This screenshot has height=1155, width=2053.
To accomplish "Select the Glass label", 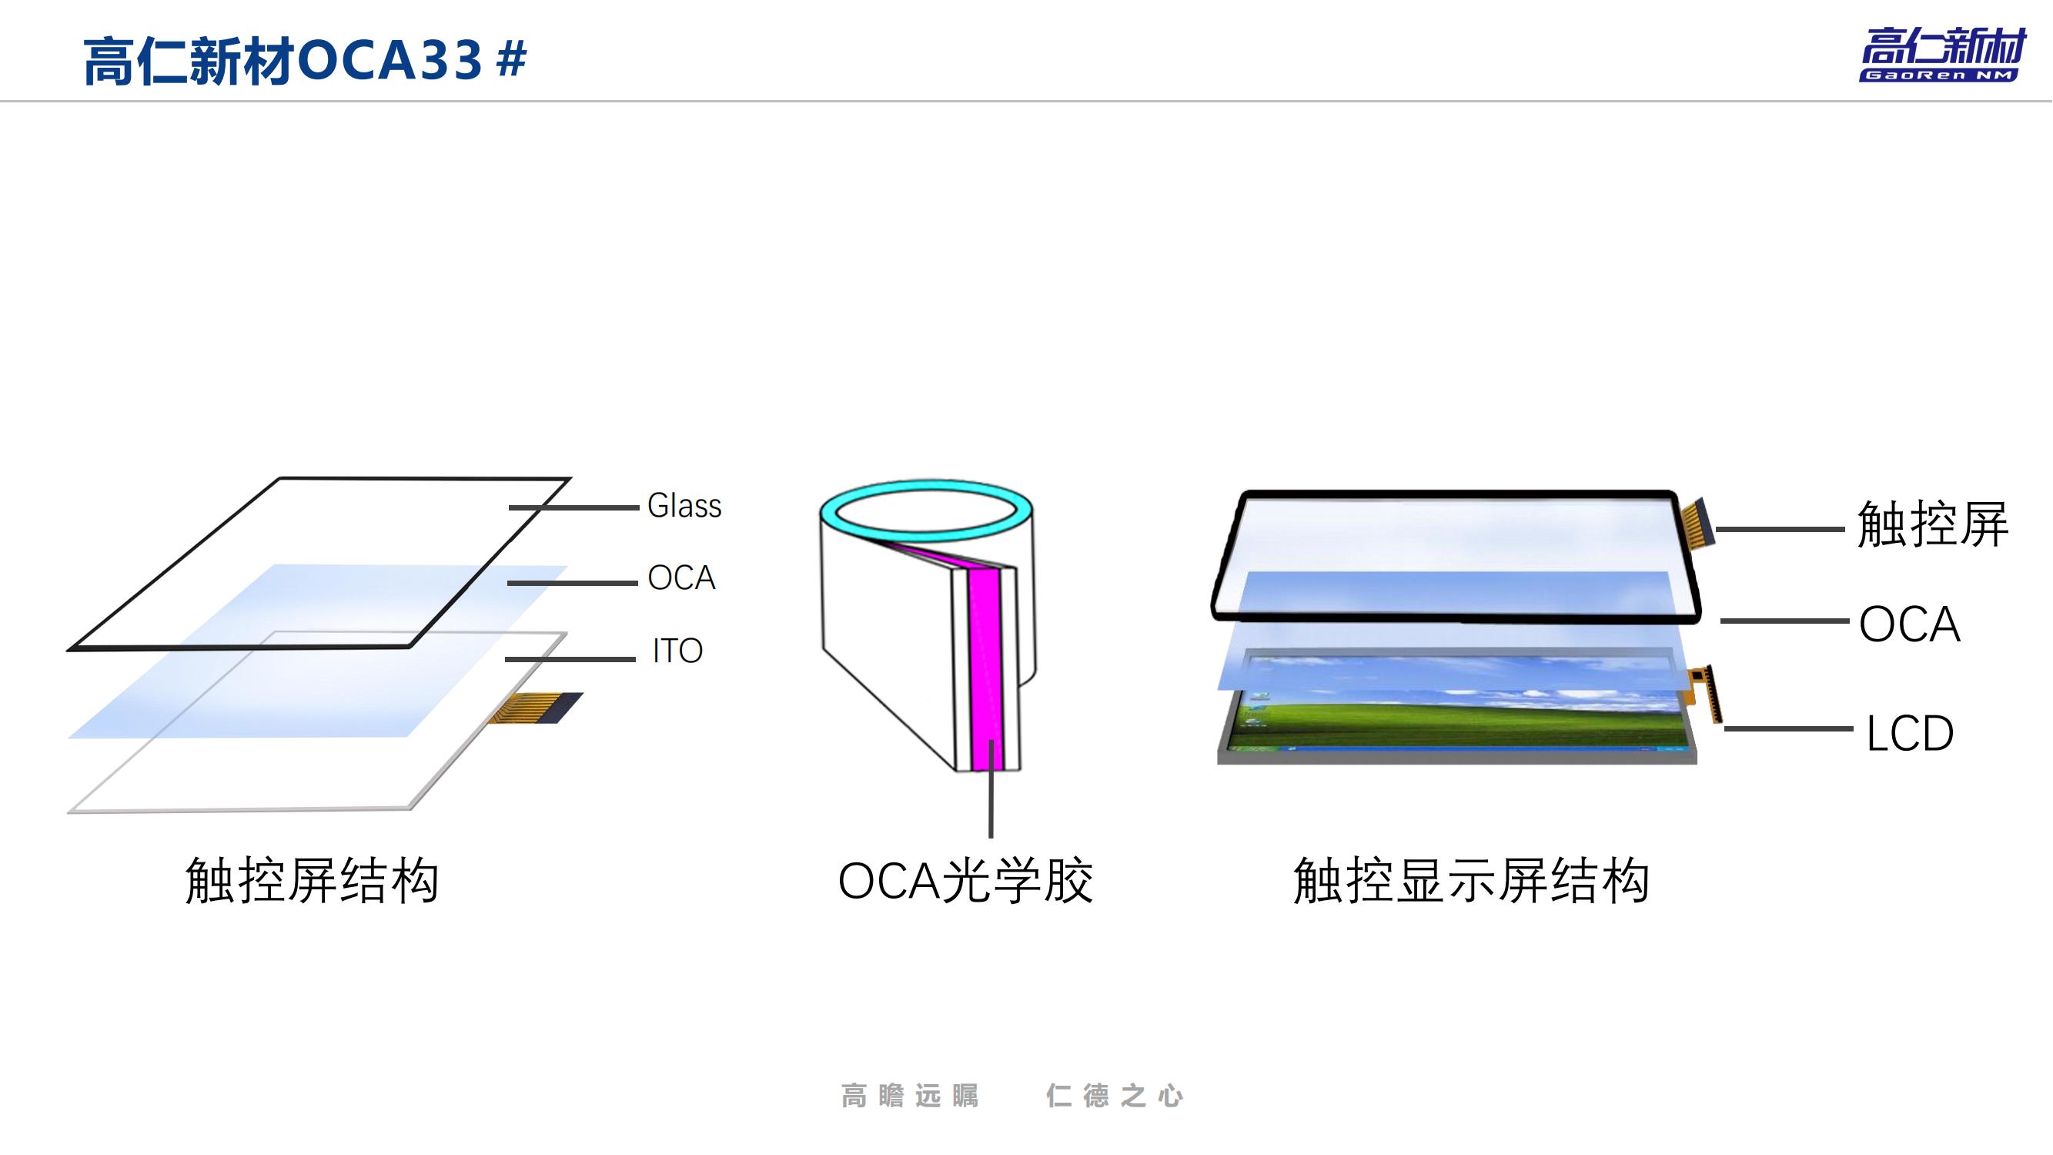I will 684,506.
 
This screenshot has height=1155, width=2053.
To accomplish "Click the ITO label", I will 677,651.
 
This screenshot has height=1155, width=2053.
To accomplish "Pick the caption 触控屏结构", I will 312,881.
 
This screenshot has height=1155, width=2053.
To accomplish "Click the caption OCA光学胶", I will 965,881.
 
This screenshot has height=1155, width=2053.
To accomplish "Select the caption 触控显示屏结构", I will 1470,881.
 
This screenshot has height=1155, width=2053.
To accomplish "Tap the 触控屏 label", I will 1932,524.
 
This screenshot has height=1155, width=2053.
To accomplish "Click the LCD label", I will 1910,733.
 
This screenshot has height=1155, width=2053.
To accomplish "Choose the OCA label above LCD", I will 1909,624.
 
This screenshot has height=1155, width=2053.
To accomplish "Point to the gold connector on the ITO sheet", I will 536,707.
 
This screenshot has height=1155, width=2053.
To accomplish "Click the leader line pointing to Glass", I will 573,507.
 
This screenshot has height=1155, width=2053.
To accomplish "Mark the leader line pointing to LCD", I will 1788,728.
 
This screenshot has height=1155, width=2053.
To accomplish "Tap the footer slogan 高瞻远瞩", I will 909,1096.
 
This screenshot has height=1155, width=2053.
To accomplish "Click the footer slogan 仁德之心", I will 1114,1096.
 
